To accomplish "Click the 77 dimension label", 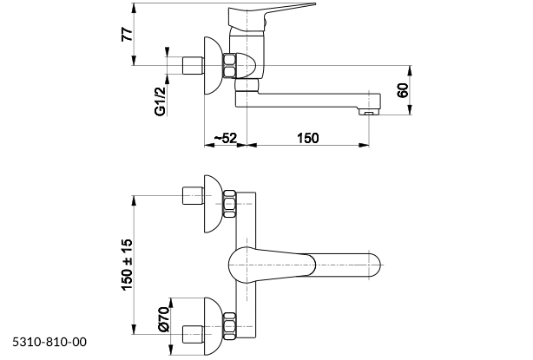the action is click(127, 35).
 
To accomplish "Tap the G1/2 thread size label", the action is click(160, 101).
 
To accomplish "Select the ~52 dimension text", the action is click(226, 138).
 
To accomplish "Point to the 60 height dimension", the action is click(403, 90).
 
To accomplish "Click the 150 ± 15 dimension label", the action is click(127, 265).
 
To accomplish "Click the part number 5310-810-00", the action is click(49, 342).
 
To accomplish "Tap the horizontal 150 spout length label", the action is click(308, 138).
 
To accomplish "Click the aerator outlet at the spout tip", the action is click(368, 112).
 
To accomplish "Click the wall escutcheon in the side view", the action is click(214, 66).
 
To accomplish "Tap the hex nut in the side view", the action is click(229, 65).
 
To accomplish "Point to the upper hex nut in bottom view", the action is click(229, 204).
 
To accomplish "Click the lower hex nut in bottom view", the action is click(229, 326).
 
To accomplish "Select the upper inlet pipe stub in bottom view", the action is click(193, 196).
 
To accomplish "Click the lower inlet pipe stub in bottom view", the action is click(193, 335).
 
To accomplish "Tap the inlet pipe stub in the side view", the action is click(193, 66).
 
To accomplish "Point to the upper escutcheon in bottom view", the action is click(214, 204).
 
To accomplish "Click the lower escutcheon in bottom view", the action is click(214, 327).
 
